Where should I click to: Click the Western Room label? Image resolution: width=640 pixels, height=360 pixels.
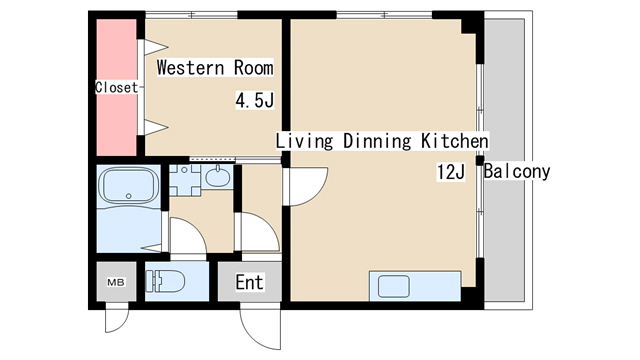[215, 68]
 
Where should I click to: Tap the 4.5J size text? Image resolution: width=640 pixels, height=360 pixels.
[255, 100]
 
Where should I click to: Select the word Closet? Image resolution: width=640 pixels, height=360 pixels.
[117, 87]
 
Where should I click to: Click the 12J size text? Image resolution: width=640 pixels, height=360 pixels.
[451, 172]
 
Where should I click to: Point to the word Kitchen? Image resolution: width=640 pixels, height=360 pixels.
[455, 141]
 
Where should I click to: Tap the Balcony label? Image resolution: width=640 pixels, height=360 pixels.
[517, 171]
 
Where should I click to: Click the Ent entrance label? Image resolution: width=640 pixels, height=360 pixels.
[249, 282]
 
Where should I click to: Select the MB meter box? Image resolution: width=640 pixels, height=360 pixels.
[116, 282]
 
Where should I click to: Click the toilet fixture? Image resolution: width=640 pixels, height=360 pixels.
[165, 281]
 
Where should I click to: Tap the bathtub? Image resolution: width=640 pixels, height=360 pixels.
[129, 186]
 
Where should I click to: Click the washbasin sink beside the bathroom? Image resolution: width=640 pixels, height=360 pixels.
[218, 176]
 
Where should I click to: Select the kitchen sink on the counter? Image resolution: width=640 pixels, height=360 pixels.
[393, 286]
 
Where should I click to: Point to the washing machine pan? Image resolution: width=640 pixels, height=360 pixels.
[185, 180]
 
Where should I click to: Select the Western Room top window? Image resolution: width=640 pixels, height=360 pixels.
[191, 15]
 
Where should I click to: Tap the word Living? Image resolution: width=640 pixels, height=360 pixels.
[304, 141]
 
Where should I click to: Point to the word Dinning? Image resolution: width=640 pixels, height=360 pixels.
[377, 141]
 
